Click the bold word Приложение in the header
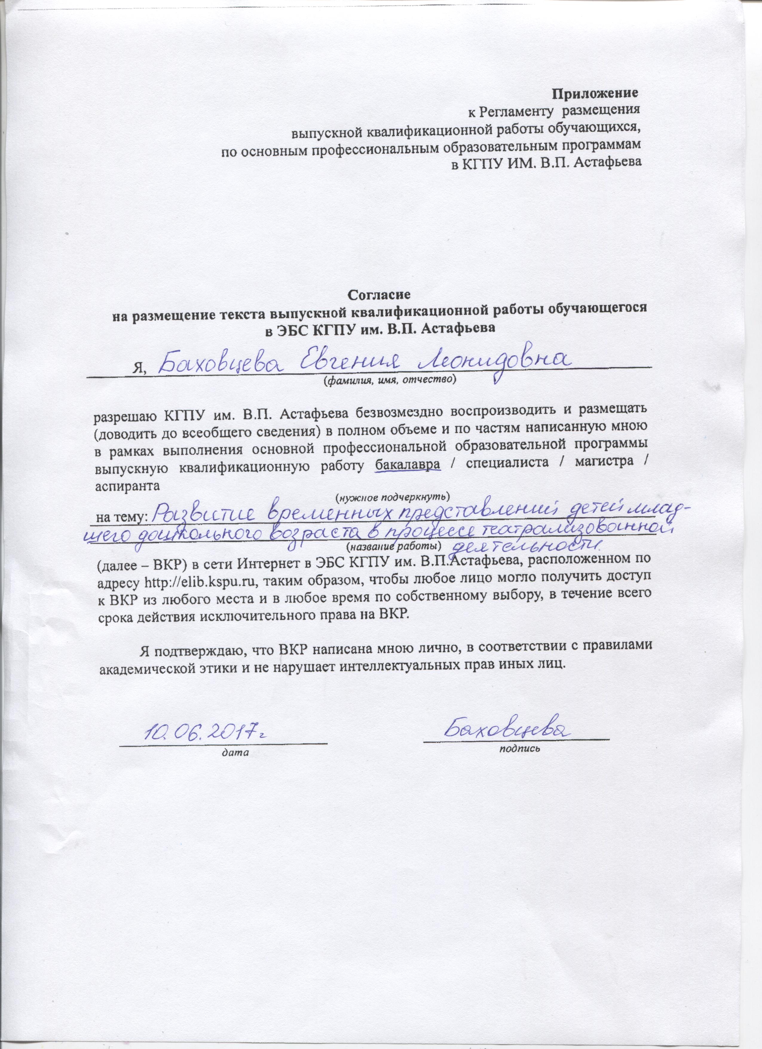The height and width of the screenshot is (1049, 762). click(596, 93)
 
